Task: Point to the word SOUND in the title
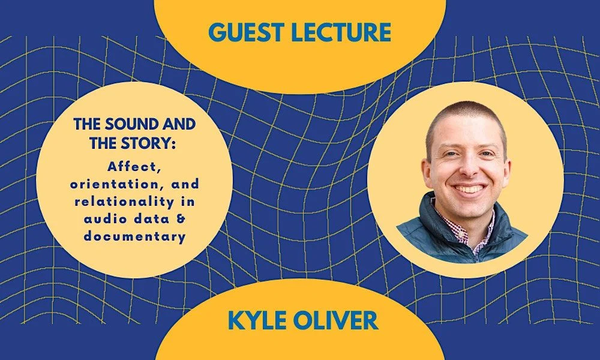click(134, 124)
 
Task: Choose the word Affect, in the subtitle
click(133, 167)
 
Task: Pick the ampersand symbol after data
click(181, 219)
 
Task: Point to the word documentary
click(134, 237)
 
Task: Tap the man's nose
click(467, 169)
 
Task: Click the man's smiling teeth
click(469, 188)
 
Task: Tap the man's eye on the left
click(450, 154)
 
